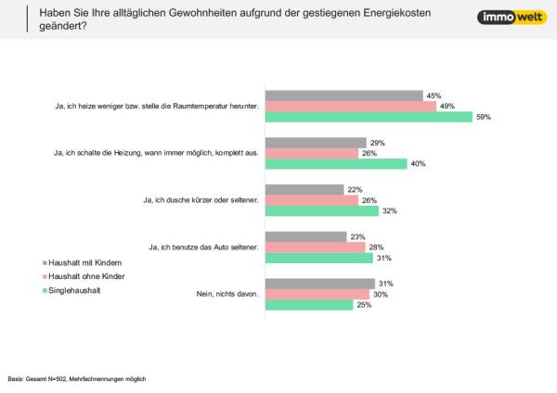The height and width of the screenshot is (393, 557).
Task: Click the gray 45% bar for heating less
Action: click(344, 95)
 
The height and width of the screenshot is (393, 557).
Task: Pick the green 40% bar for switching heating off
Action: click(336, 164)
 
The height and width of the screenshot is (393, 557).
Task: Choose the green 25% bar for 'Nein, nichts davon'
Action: click(309, 305)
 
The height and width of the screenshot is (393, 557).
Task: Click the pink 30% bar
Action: click(318, 294)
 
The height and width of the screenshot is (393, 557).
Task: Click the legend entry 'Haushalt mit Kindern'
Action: click(86, 262)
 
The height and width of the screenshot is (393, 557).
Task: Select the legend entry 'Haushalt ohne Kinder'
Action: click(86, 276)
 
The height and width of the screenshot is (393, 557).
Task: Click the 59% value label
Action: click(483, 117)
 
